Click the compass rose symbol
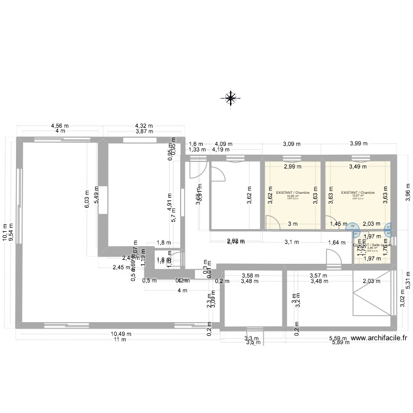pos(230,98)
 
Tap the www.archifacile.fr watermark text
pos(378,340)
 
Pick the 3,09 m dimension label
pos(292,144)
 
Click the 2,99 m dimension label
pos(292,166)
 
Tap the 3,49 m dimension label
pos(357,166)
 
